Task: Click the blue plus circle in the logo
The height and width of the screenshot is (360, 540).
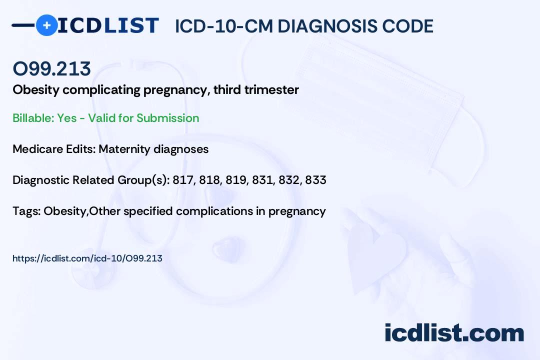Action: tap(46, 25)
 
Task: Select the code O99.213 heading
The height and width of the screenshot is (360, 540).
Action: tap(51, 69)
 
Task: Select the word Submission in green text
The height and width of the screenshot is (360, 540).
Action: tap(167, 118)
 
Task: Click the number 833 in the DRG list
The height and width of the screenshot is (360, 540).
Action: tap(315, 180)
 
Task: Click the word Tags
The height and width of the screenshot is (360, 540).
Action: tap(26, 211)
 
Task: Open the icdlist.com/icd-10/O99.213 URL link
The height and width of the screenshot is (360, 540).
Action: tap(87, 258)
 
